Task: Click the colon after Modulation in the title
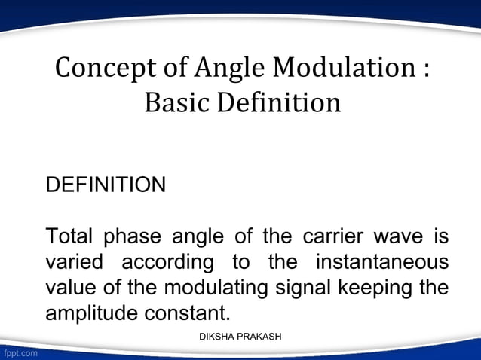[x=426, y=70]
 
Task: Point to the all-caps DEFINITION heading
[x=106, y=185]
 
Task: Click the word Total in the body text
[x=69, y=236]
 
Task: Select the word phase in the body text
[x=132, y=236]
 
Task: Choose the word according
[x=167, y=263]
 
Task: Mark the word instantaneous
[x=381, y=263]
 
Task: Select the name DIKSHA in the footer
[x=216, y=336]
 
